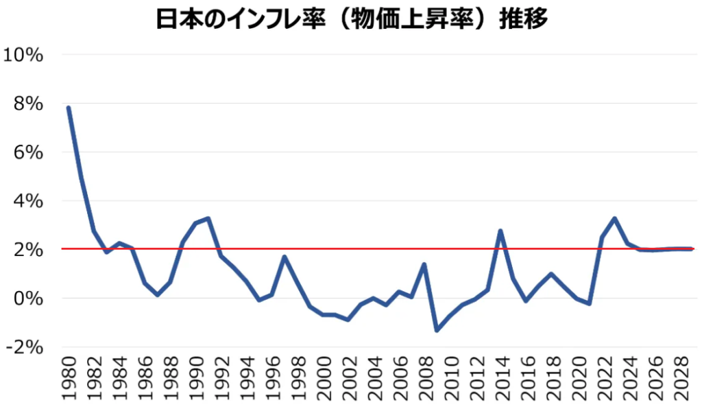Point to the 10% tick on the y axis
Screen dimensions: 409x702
[23, 54]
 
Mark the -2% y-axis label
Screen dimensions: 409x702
[25, 347]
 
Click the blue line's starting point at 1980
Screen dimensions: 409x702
[69, 108]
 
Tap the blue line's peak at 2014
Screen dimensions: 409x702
[500, 231]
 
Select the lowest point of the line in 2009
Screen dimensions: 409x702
[437, 331]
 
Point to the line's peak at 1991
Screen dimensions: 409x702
[208, 218]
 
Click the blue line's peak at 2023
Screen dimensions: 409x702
[614, 218]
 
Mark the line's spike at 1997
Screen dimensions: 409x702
[284, 257]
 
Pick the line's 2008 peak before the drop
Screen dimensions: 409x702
[424, 264]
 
